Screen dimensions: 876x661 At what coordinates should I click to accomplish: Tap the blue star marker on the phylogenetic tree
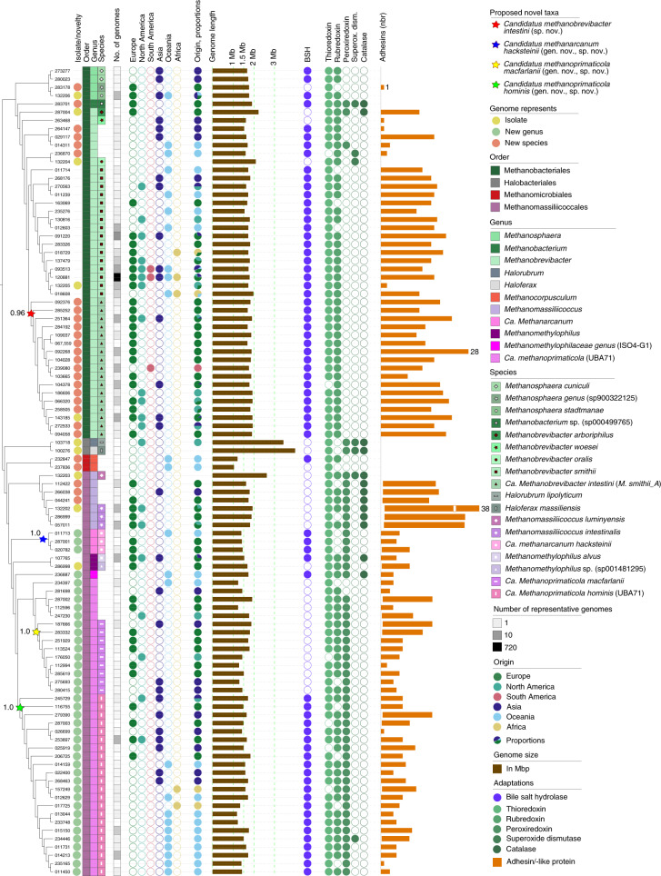coord(42,540)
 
